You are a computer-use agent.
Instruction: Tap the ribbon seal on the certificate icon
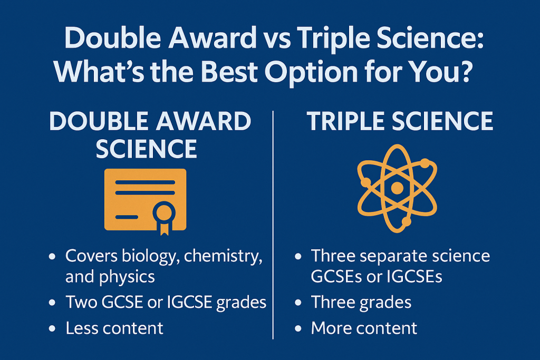click(x=163, y=214)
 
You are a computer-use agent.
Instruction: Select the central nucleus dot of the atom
click(x=397, y=188)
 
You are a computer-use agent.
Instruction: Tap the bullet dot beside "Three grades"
click(x=298, y=303)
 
